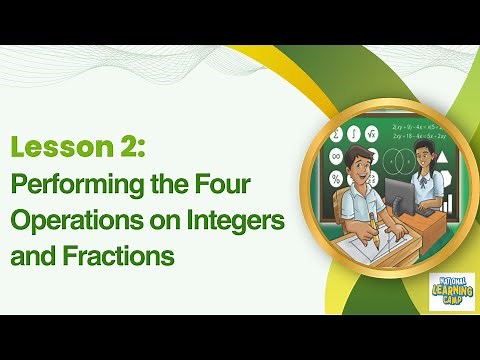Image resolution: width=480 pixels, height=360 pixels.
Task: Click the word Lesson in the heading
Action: pos(50,149)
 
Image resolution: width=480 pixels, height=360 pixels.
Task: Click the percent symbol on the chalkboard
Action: pos(337,177)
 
